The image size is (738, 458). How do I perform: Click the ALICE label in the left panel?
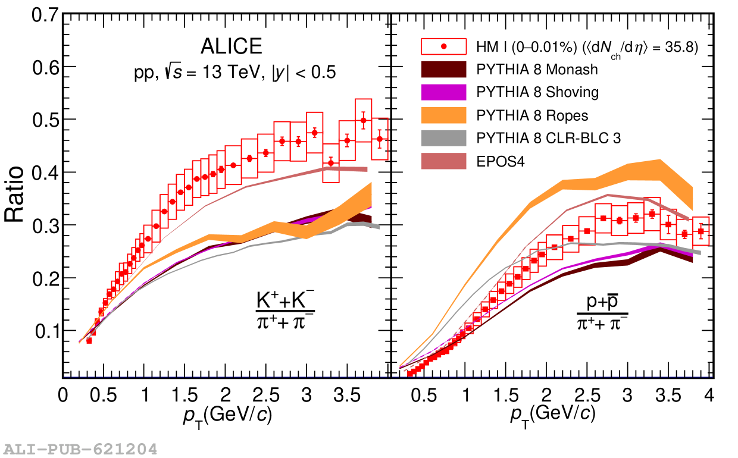pyautogui.click(x=232, y=46)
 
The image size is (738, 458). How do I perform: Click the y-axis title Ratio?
pyautogui.click(x=15, y=195)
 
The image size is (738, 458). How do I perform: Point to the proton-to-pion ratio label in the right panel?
pyautogui.click(x=602, y=311)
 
